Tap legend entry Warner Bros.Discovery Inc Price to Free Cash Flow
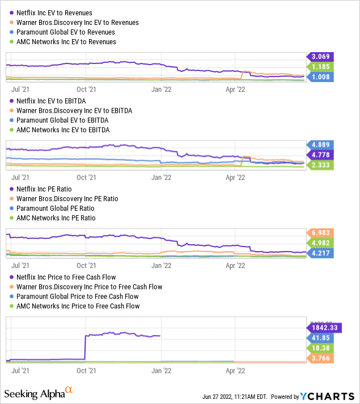click(74, 286)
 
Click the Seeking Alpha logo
click(39, 392)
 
